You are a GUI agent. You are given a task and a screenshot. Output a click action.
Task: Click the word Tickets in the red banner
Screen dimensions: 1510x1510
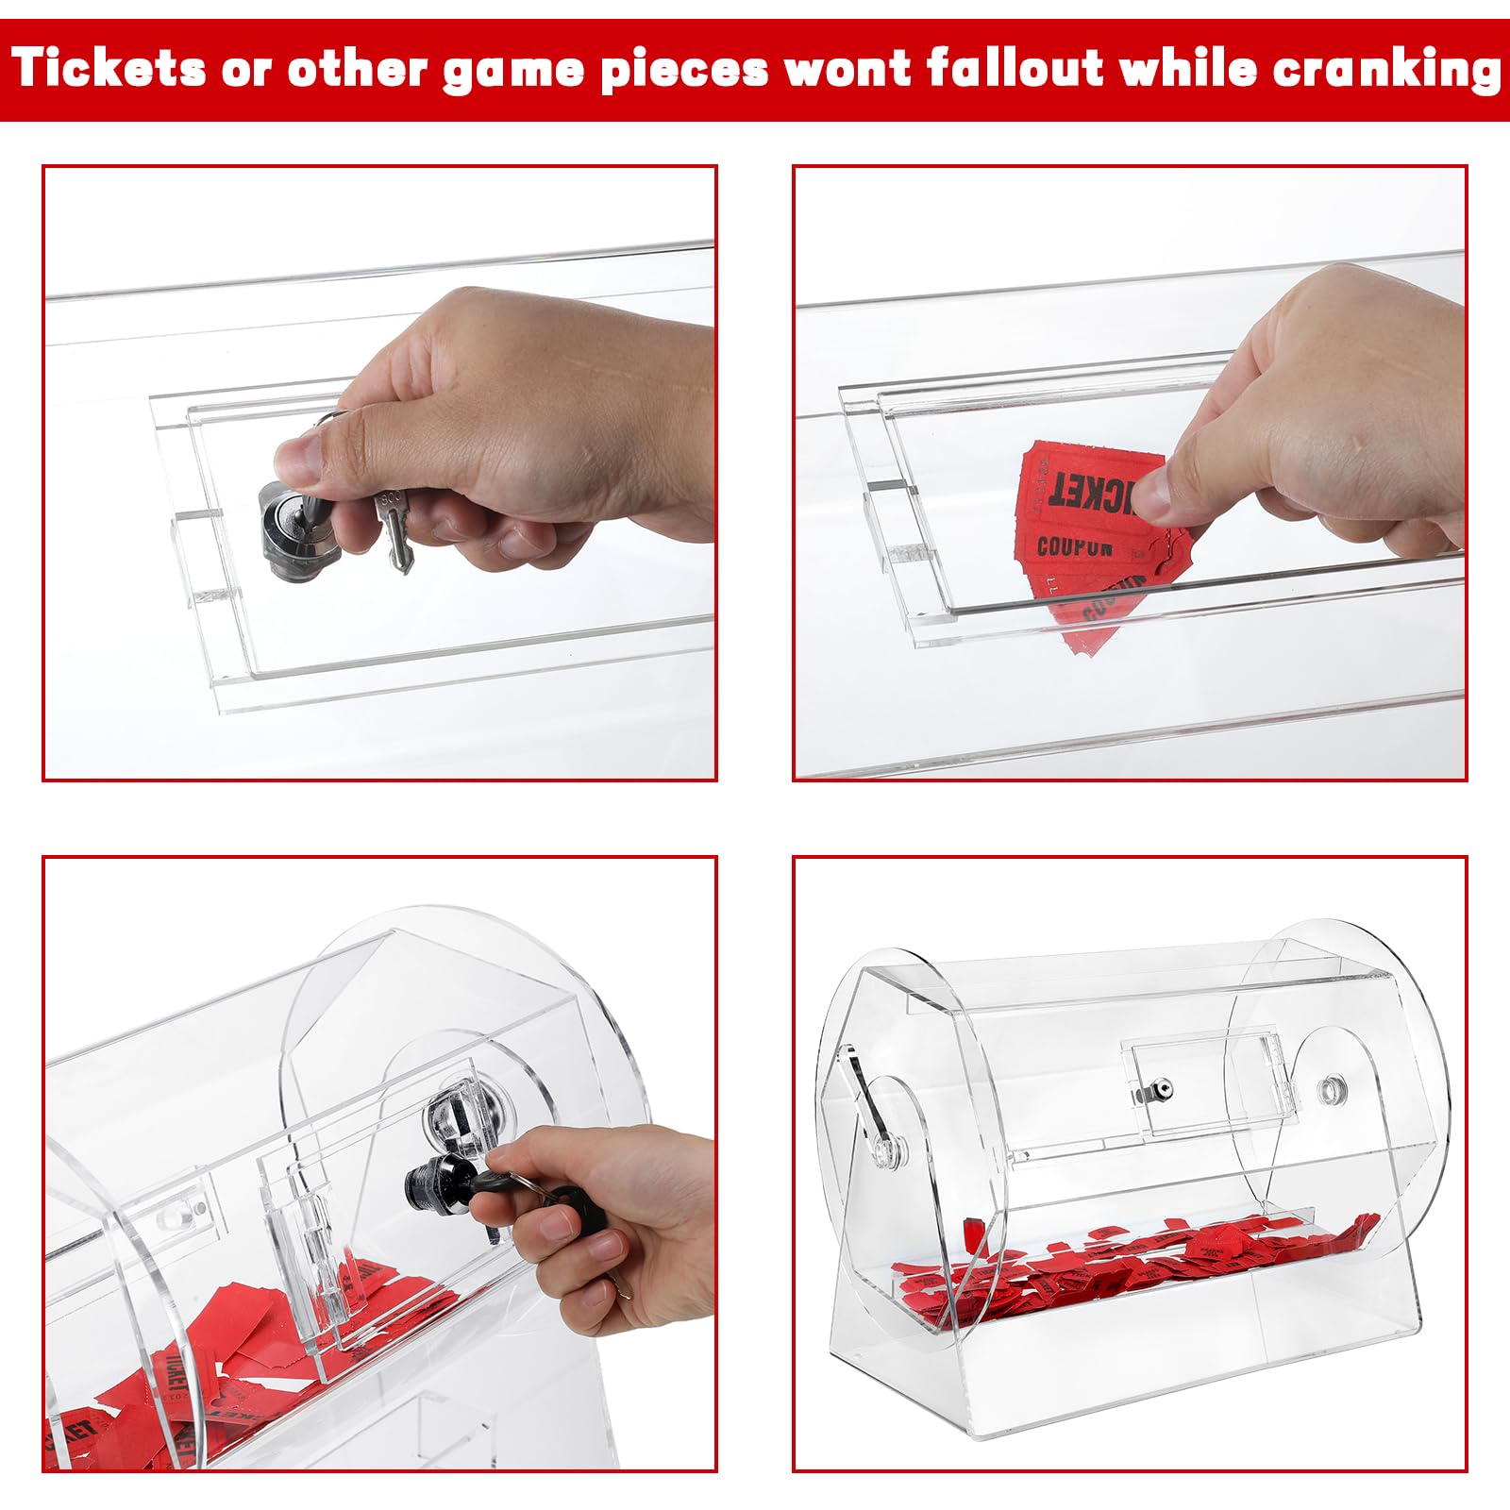(109, 69)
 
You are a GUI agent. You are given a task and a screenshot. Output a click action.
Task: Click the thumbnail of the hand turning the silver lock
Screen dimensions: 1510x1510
(379, 473)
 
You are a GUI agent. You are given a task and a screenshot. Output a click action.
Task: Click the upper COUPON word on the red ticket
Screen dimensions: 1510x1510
(1074, 546)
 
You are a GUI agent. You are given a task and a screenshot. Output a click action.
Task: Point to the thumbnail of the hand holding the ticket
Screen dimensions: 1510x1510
(1130, 473)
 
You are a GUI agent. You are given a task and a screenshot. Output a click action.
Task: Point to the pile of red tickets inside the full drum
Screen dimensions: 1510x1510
(1123, 1260)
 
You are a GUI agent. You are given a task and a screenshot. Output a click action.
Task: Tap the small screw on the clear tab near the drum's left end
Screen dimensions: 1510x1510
(196, 1209)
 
